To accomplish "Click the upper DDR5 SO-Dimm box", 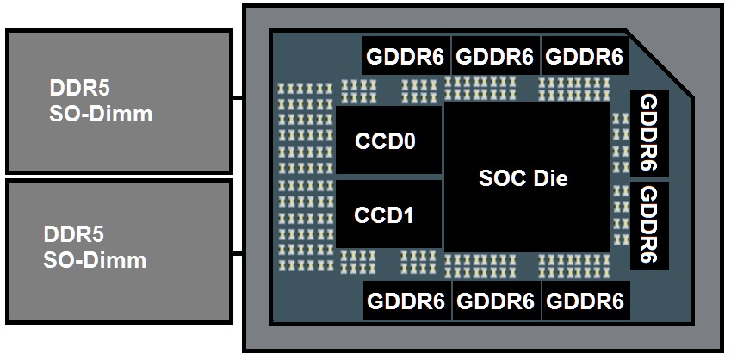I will [119, 101].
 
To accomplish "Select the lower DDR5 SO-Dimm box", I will [119, 251].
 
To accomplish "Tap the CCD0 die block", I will [386, 141].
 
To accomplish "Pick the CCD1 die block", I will [386, 214].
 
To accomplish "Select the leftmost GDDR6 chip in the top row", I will [406, 58].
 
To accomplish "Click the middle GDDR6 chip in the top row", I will [495, 58].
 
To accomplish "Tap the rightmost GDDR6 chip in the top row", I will [585, 58].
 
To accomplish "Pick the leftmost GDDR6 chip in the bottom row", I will [406, 301].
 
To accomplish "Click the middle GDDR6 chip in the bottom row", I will [495, 301].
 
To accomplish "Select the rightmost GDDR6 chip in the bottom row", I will [585, 301].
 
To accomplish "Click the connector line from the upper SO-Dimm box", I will [238, 98].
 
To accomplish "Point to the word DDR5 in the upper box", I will [79, 89].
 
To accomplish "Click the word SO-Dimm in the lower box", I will [95, 260].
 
